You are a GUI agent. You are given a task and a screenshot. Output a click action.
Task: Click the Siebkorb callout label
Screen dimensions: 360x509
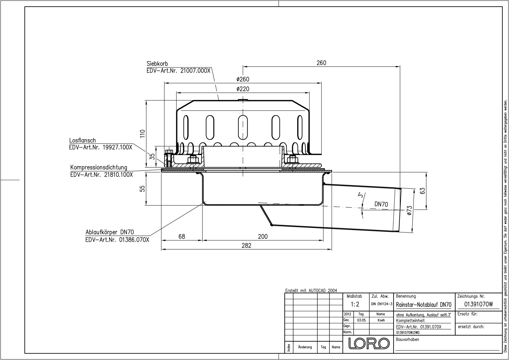click(157, 64)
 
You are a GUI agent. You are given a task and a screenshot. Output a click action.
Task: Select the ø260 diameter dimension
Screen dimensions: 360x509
click(243, 79)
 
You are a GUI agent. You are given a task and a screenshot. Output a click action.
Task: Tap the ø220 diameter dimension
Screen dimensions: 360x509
click(243, 89)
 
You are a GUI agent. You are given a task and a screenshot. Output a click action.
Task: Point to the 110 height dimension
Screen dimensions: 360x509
click(143, 133)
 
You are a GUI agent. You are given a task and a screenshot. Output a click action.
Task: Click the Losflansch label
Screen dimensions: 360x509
click(82, 140)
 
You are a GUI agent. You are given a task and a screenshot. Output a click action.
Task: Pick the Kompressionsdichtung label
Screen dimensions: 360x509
click(99, 167)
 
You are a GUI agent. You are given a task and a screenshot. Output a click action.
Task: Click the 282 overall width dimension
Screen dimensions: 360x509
click(246, 245)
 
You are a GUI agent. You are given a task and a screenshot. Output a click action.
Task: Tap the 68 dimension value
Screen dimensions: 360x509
click(182, 237)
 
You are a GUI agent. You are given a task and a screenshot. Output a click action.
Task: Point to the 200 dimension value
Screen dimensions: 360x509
click(263, 237)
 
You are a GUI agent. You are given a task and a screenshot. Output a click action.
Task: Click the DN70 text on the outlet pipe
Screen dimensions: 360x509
click(381, 204)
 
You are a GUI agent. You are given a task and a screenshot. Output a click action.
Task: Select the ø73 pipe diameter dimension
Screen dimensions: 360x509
click(409, 211)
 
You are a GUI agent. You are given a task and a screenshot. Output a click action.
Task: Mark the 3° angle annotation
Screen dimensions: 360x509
click(359, 195)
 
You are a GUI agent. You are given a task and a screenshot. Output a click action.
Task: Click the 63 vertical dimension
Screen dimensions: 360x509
click(423, 191)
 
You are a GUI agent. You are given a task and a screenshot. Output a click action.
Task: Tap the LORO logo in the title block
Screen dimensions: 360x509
click(369, 343)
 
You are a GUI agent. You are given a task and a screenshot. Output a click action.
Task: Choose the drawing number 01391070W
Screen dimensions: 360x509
click(478, 304)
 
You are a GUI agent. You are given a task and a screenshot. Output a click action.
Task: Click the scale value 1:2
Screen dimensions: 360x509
click(355, 304)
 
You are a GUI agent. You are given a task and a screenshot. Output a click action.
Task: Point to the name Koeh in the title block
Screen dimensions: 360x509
click(381, 320)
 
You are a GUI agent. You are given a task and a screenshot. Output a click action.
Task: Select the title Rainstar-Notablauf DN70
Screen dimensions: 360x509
click(424, 305)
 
